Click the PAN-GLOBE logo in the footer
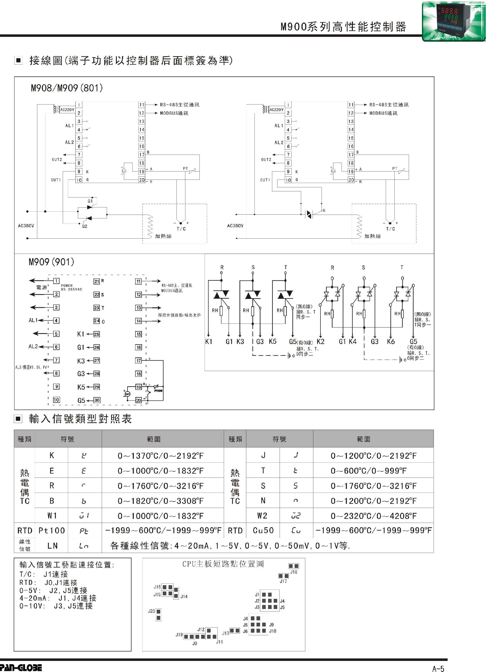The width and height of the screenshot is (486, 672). [x=21, y=667]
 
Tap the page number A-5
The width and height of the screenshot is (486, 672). [x=438, y=668]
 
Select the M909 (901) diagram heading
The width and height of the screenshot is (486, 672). [x=51, y=262]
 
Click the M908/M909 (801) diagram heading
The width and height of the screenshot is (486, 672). [x=67, y=88]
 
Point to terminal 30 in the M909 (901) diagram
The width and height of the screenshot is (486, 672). [x=97, y=400]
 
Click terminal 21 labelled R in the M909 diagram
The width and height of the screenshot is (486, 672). [x=97, y=281]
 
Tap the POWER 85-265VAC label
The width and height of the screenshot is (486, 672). [x=71, y=288]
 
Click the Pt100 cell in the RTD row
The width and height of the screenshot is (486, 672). [x=52, y=531]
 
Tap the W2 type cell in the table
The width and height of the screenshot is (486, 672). [x=262, y=516]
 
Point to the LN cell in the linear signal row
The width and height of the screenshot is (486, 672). [x=52, y=546]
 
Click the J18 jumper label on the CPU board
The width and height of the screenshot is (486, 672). [x=294, y=572]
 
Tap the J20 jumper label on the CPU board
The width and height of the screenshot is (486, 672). [x=151, y=611]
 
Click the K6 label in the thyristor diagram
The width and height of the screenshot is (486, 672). [x=391, y=342]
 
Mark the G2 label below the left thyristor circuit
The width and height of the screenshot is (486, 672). [x=85, y=226]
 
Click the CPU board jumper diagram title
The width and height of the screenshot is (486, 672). [x=223, y=564]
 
